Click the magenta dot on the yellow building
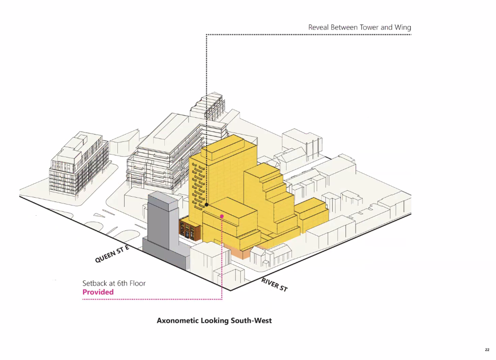pyautogui.click(x=222, y=216)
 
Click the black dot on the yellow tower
pyautogui.click(x=206, y=204)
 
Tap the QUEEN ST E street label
pyautogui.click(x=113, y=254)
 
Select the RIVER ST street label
pyautogui.click(x=274, y=284)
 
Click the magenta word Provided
pyautogui.click(x=98, y=292)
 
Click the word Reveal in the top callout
pyautogui.click(x=318, y=27)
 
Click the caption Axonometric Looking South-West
pyautogui.click(x=214, y=320)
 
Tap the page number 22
pyautogui.click(x=487, y=350)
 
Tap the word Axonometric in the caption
pyautogui.click(x=177, y=320)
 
